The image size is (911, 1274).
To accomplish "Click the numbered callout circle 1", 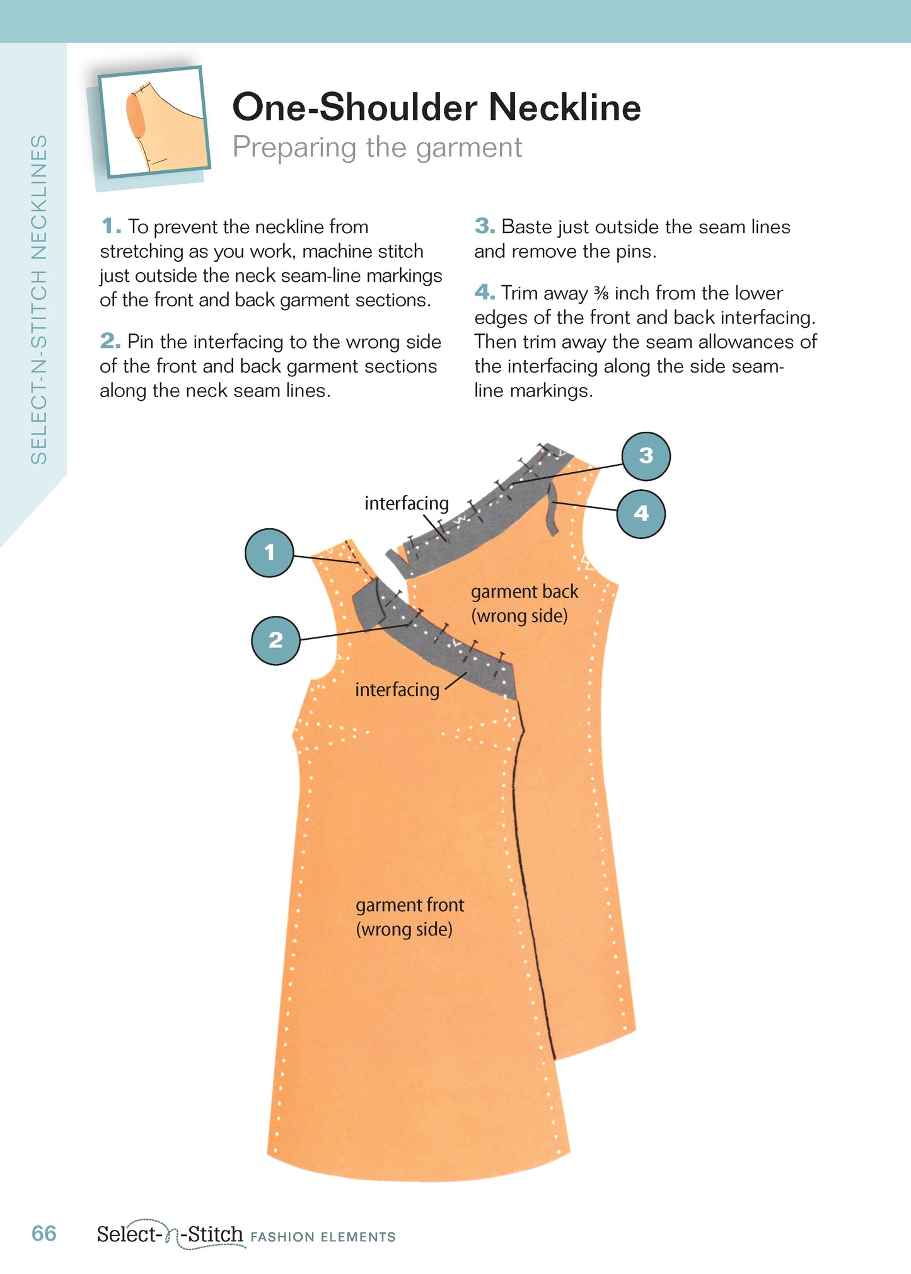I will click(x=269, y=553).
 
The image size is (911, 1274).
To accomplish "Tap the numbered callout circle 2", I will click(x=276, y=640).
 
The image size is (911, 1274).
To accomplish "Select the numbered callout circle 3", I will click(x=646, y=456).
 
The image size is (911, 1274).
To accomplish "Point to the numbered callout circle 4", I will click(x=641, y=513).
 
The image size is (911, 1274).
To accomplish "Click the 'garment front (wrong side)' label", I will click(x=409, y=917).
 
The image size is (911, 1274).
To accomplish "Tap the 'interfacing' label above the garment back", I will click(x=407, y=503).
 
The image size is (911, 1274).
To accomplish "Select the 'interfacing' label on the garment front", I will click(x=397, y=689).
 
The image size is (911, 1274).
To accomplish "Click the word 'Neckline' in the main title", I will click(x=564, y=107).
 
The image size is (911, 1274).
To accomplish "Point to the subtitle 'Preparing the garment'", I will click(x=377, y=148).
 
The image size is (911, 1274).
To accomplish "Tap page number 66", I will click(x=44, y=1233).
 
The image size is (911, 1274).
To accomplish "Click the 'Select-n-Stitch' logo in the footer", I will click(x=170, y=1234).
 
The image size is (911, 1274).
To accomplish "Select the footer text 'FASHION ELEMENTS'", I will click(x=323, y=1237).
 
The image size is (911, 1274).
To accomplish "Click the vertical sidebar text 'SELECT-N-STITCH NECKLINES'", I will click(x=39, y=299).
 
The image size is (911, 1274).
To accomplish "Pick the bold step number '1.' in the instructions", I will click(x=111, y=226).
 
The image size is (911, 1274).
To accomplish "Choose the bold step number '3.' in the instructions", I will click(x=484, y=226).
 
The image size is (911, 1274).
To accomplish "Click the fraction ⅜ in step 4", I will click(x=601, y=293).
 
